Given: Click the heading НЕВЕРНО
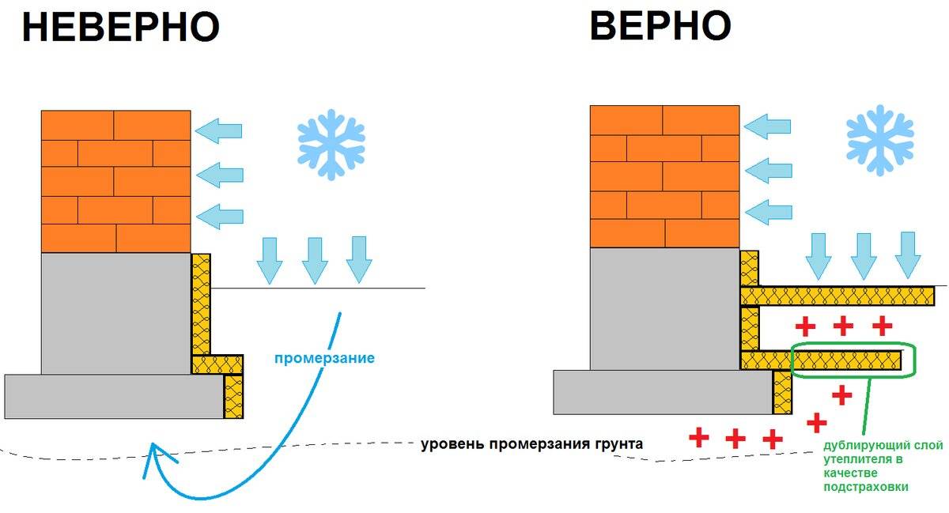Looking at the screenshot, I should [120, 27].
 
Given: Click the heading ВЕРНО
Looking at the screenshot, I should [660, 25].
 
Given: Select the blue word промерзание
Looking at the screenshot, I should [324, 358].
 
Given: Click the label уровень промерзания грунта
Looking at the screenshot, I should [531, 444].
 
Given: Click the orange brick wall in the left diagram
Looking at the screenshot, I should [115, 181].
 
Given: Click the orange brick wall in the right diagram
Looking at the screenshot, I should [664, 175].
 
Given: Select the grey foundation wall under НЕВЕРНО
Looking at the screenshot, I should [115, 313].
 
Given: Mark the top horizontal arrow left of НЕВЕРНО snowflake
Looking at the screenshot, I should [218, 130].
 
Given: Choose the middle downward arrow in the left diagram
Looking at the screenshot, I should [314, 260].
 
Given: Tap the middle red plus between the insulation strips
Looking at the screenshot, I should [843, 325].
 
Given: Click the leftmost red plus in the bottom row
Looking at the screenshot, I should [698, 437].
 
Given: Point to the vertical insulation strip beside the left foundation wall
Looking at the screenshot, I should [202, 304].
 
